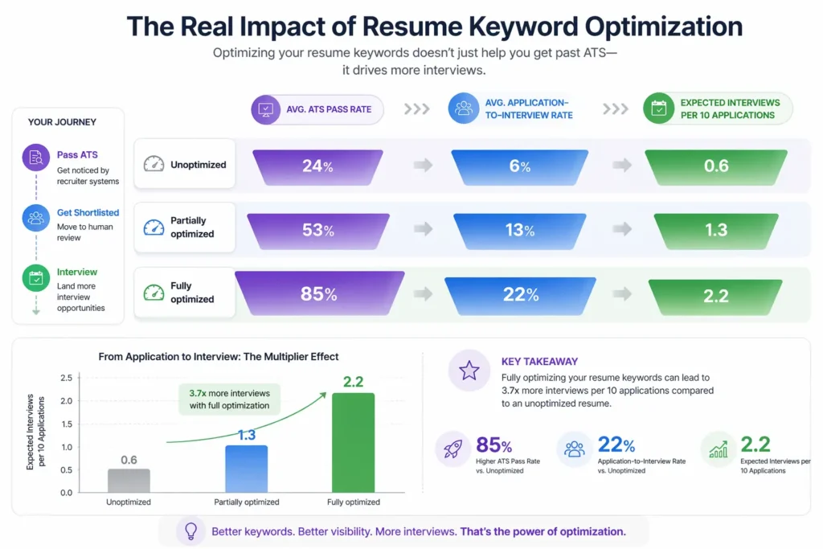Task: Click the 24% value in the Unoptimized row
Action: click(x=317, y=166)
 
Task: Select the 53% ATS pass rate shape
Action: click(x=317, y=231)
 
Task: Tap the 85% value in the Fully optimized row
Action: click(x=318, y=294)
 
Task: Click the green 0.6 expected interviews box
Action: click(x=715, y=166)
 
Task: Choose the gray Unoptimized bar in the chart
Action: click(x=129, y=480)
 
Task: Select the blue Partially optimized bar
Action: click(x=246, y=469)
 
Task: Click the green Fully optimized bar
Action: click(x=353, y=442)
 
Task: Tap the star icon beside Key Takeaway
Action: click(x=469, y=371)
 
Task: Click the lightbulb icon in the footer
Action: click(x=191, y=531)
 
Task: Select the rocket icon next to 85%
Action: click(x=453, y=449)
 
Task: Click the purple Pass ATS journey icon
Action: click(x=36, y=158)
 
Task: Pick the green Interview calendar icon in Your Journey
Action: click(x=36, y=279)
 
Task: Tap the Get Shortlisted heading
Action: click(x=88, y=213)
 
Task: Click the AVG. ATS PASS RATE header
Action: click(x=317, y=109)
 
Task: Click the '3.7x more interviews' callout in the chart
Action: click(x=229, y=399)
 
